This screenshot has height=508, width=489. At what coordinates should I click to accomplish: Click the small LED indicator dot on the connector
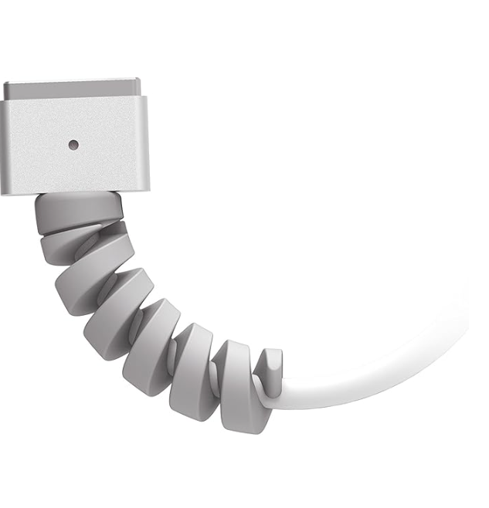click(x=73, y=144)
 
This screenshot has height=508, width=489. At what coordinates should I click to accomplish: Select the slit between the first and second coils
click(x=77, y=230)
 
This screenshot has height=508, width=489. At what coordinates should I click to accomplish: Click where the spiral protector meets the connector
click(x=77, y=195)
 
